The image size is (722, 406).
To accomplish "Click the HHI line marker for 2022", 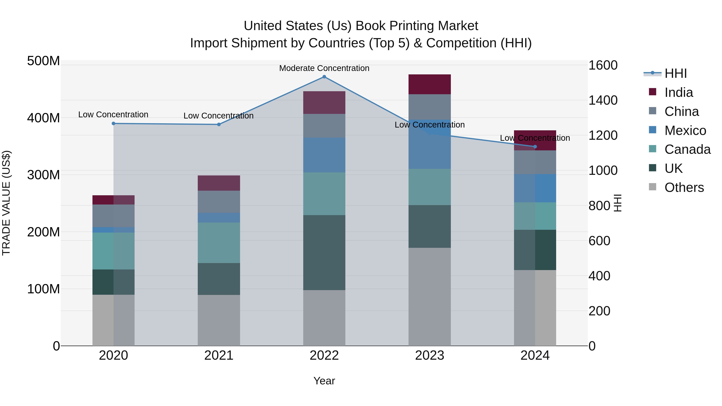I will point(324,77).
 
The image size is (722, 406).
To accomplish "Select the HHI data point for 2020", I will point(114,124).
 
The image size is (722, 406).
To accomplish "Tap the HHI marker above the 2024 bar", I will point(535,147).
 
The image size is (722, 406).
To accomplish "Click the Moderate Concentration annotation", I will point(324,68).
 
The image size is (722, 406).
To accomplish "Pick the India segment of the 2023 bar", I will point(430,84).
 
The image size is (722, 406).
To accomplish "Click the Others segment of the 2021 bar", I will point(219,320).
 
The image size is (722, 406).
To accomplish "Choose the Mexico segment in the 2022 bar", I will point(324,155).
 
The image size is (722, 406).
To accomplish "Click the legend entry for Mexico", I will point(685,131).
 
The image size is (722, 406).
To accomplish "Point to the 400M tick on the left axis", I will point(44,118).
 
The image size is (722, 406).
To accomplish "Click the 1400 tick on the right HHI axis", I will point(603,100).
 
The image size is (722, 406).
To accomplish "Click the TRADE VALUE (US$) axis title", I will point(6,203).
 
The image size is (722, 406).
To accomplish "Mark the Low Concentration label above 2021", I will point(218,116).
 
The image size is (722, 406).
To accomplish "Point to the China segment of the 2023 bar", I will point(430,107).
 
